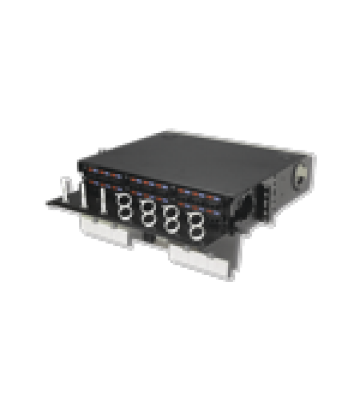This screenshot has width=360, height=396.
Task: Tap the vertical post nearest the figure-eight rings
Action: point(103,200)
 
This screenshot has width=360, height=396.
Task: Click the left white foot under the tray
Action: point(105,234)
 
